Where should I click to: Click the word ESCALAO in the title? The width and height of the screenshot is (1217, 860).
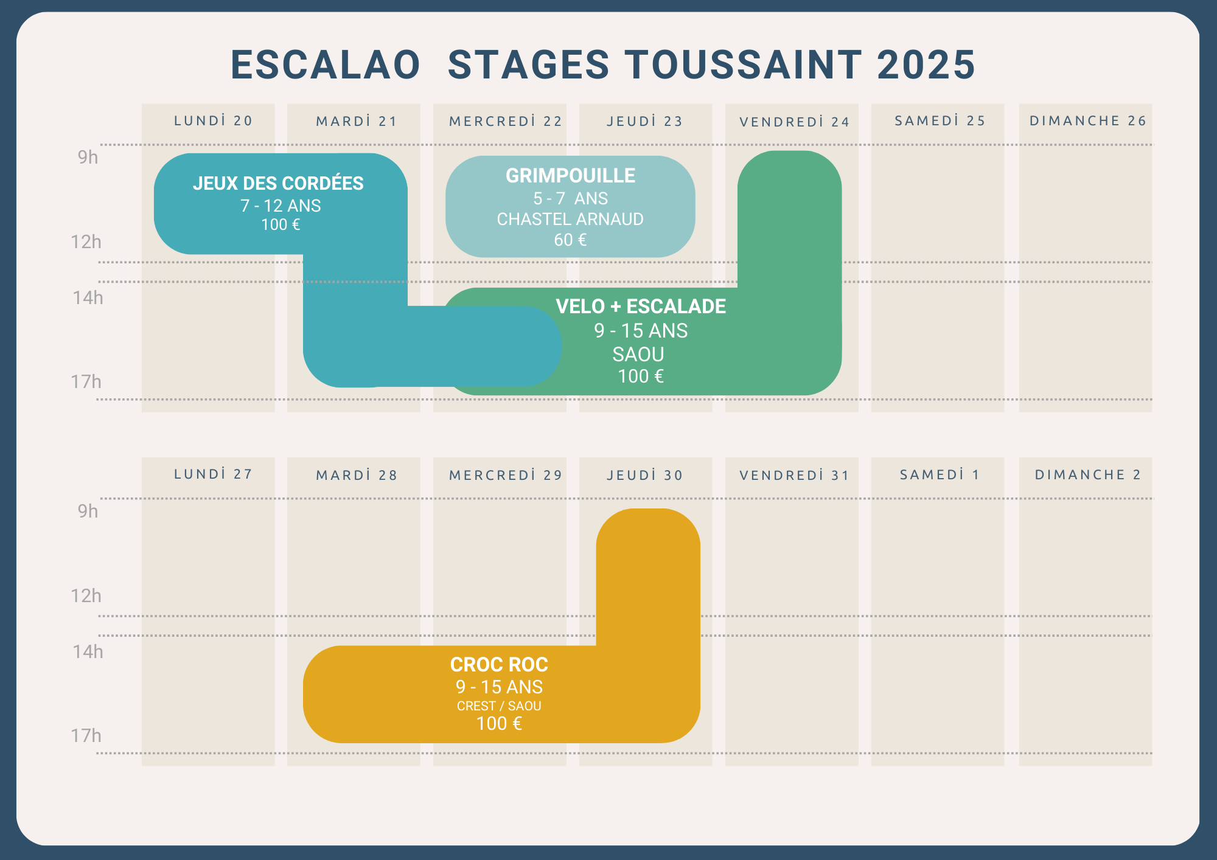click(326, 65)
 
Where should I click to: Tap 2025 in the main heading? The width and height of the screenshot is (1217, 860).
click(926, 65)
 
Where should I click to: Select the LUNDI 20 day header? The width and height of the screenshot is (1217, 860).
click(213, 120)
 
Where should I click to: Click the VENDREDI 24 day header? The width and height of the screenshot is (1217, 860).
click(794, 122)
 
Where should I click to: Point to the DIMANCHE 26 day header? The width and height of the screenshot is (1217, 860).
click(1088, 120)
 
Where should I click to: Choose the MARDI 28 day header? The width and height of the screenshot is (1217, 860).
click(357, 475)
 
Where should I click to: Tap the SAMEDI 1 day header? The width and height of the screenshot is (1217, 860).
click(940, 474)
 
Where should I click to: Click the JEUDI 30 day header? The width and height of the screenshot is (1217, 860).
click(645, 475)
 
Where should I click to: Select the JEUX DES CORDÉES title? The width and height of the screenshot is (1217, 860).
click(278, 183)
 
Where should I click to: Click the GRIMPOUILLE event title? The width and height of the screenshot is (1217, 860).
click(570, 175)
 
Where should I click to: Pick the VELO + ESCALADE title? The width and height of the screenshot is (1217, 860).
click(641, 306)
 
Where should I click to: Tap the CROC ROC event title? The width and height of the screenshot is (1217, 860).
click(499, 664)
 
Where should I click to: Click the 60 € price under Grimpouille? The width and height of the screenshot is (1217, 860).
click(570, 240)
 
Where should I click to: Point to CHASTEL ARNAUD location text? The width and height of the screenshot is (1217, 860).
click(570, 219)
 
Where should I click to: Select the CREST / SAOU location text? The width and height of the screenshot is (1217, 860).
click(499, 706)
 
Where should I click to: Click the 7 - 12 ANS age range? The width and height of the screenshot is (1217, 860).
click(281, 206)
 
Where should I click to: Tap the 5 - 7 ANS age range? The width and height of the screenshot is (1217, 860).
click(570, 198)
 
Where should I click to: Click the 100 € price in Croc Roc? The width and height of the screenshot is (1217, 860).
click(499, 723)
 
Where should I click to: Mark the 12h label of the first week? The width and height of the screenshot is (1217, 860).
click(86, 241)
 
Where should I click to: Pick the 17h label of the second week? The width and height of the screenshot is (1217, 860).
click(86, 735)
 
